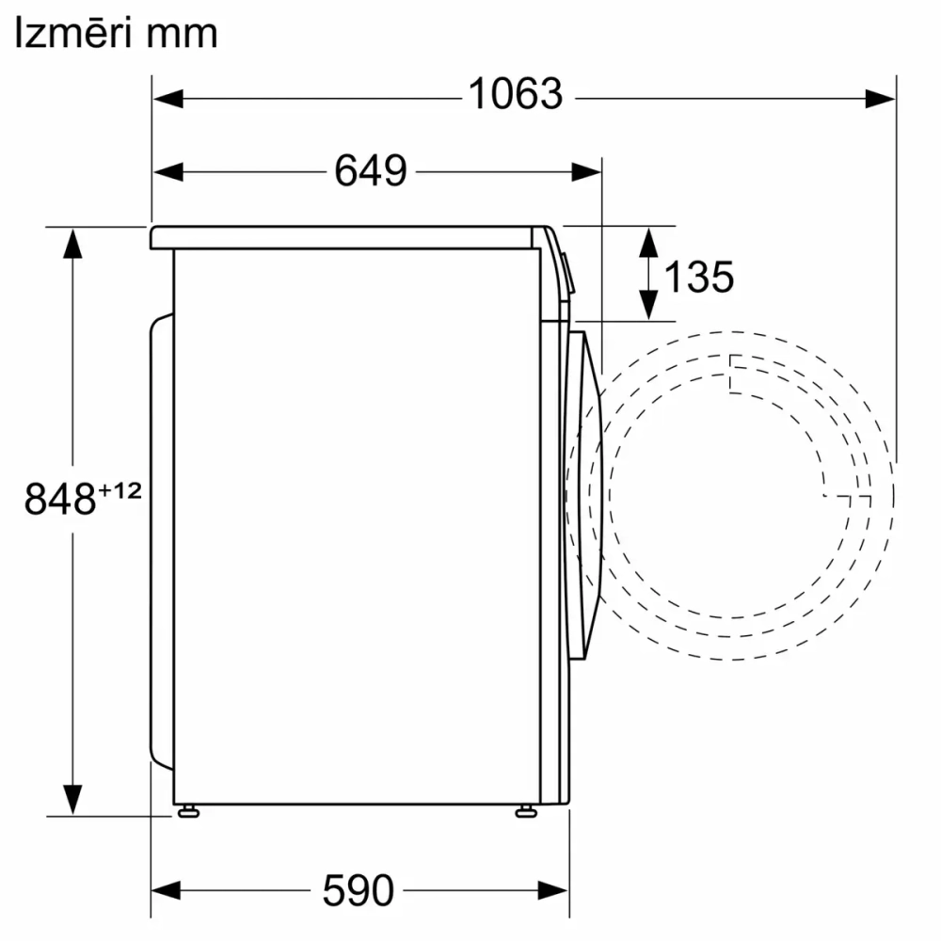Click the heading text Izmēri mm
116,34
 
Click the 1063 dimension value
515,94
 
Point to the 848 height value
60,499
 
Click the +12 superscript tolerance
120,489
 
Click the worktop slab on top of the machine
348,237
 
